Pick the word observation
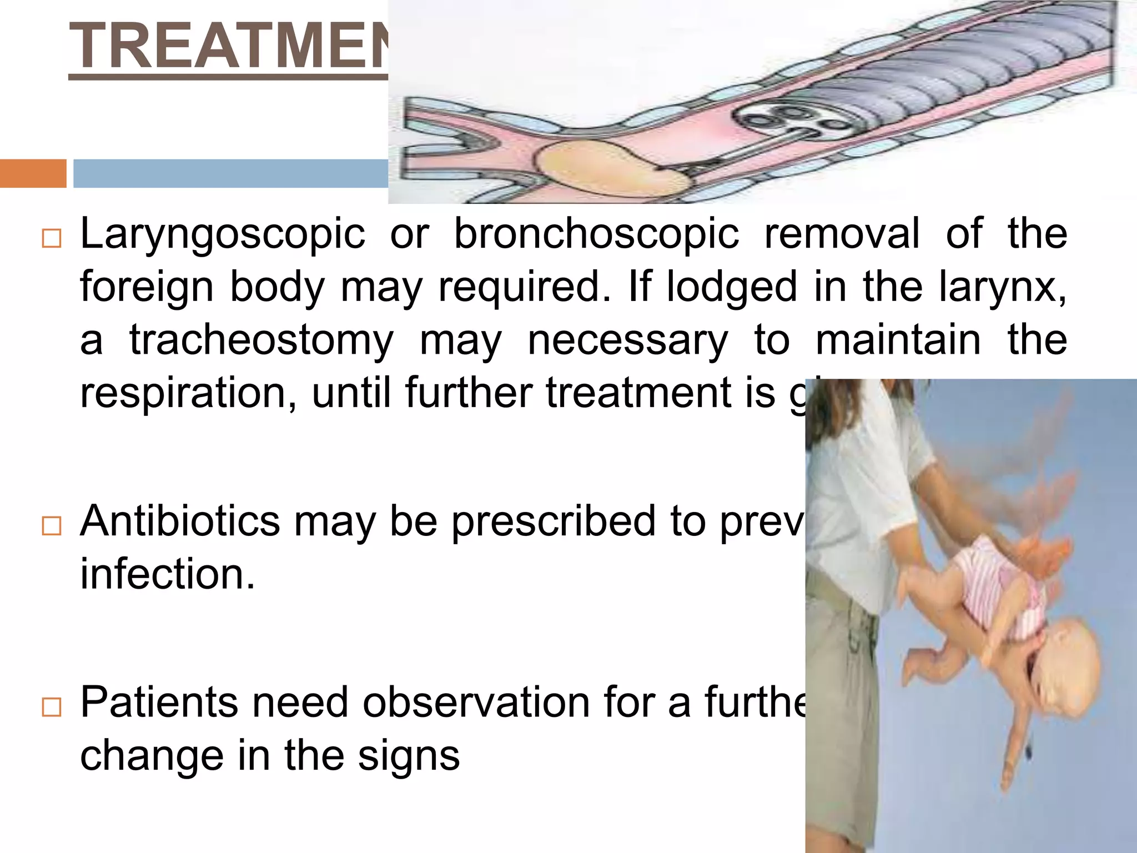coord(476,703)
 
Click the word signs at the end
coord(409,756)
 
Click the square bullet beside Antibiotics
coord(51,526)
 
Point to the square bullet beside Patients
coord(51,708)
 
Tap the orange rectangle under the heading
coord(33,173)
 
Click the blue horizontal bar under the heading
coord(230,173)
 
